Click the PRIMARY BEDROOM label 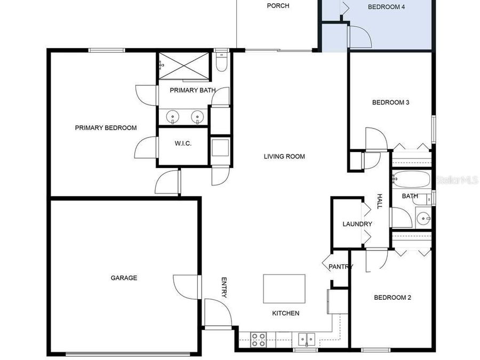coord(106,127)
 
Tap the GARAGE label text coord(124,278)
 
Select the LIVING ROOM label coord(284,156)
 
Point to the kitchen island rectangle coord(284,289)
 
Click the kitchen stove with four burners coord(259,339)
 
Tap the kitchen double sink coord(306,339)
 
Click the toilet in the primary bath coord(222,63)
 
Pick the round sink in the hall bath coord(423,218)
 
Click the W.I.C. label coord(183,143)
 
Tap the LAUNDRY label coord(357,224)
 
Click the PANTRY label coord(340,267)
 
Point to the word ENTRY coord(224,287)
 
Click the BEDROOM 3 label coord(390,102)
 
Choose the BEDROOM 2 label coord(392,298)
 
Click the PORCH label coord(278,6)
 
